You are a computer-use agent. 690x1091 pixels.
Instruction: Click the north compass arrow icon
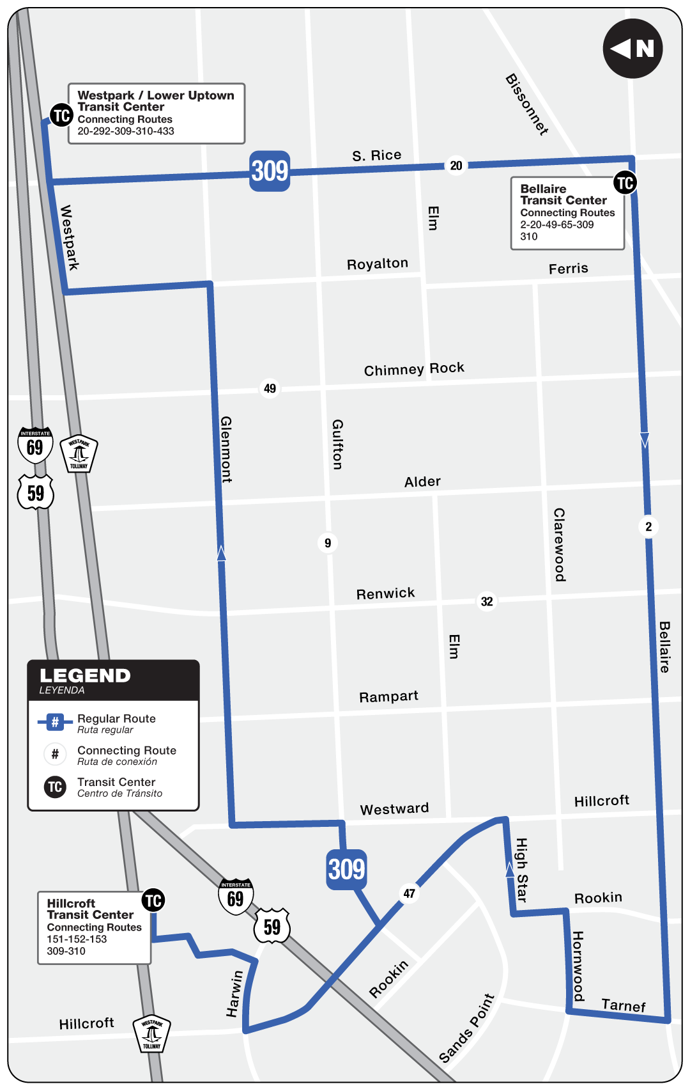coord(632,49)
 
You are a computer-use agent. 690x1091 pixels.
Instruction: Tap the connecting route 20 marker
coord(456,166)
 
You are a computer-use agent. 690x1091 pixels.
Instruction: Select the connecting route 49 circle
coord(270,388)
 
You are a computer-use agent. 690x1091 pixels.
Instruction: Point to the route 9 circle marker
coord(328,543)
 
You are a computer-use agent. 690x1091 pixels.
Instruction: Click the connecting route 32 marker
coord(487,601)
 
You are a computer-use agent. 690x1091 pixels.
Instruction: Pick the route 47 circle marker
coord(409,893)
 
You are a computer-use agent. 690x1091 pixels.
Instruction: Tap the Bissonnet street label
coord(527,104)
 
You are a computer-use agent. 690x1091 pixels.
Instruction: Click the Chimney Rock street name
coord(414,369)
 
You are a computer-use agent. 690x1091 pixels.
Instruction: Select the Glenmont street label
coord(226,449)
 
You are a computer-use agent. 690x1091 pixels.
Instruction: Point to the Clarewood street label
coord(560,545)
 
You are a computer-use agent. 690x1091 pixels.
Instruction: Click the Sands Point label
coord(467,1028)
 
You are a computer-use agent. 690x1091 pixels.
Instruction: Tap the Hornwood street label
coord(578,966)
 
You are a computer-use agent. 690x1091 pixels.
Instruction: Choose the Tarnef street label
coord(624,1005)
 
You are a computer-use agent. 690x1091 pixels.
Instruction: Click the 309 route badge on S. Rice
coord(270,171)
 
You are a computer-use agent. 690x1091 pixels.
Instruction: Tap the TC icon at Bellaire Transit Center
coord(625,183)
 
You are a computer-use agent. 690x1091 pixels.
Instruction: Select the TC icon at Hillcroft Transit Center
coord(153,900)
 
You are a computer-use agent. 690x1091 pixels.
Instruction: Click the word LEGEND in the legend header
coord(85,676)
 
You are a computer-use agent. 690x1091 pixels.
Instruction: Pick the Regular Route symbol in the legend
coord(55,723)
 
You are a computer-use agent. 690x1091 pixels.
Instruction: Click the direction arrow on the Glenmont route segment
coord(222,553)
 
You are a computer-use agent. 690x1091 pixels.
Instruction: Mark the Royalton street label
coord(377,264)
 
